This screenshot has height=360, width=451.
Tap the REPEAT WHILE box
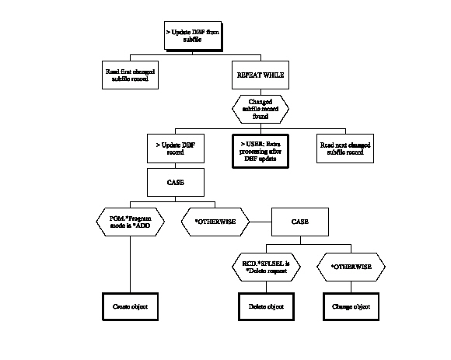tap(260, 75)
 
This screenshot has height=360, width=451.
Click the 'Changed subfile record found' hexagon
tap(260, 106)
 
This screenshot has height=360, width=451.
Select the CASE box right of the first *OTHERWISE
tap(299, 222)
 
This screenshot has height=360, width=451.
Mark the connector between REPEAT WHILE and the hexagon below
tap(260, 89)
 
